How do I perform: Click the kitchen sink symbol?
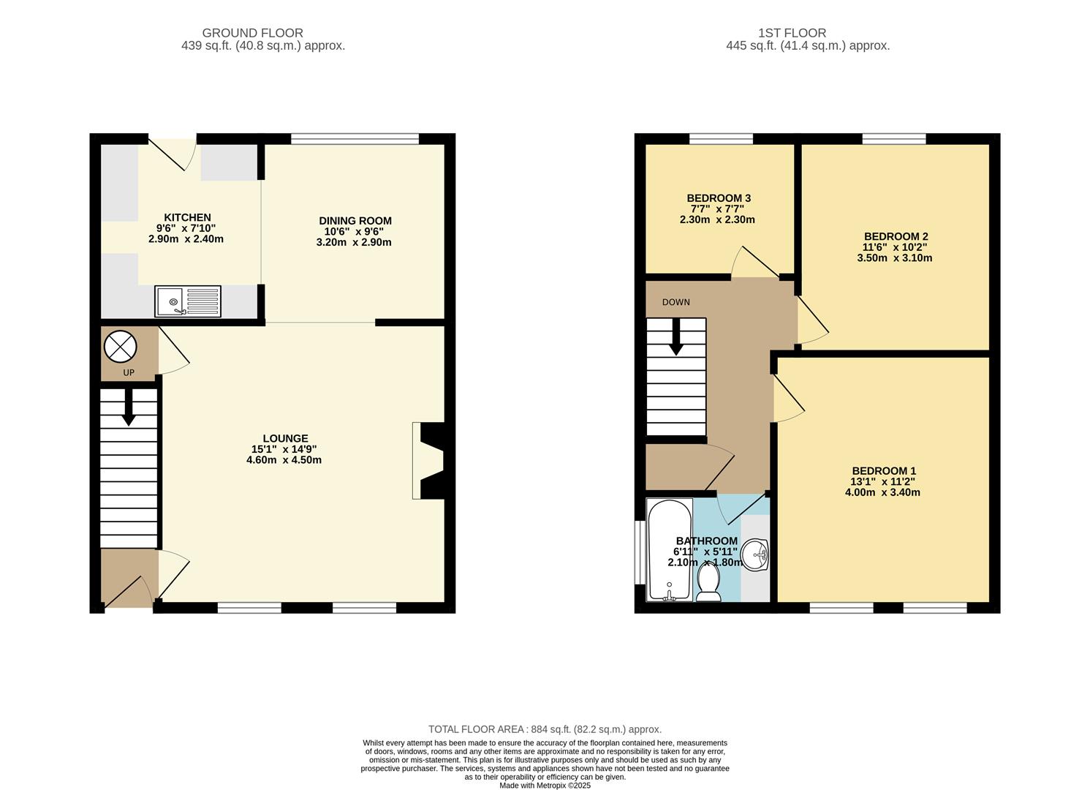click(x=187, y=301)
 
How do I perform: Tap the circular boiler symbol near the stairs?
click(x=120, y=347)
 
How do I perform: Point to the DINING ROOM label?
click(x=355, y=221)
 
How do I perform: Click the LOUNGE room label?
click(x=285, y=438)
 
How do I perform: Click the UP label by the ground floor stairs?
click(x=129, y=372)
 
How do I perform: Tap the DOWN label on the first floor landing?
click(x=675, y=302)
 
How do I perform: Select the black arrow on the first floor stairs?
click(x=676, y=337)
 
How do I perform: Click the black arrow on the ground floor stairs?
click(x=129, y=407)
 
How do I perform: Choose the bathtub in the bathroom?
click(x=669, y=550)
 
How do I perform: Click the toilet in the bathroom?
click(x=708, y=582)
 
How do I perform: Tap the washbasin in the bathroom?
click(x=754, y=554)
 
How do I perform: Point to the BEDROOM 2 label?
click(x=896, y=236)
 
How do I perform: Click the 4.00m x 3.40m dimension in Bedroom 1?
click(x=882, y=492)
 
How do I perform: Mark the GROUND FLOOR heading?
click(x=252, y=33)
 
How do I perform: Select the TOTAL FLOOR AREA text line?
click(x=545, y=729)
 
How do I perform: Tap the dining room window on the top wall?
click(x=355, y=138)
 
